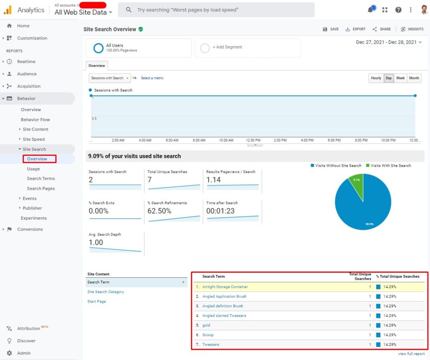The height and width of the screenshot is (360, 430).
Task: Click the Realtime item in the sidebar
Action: [26, 62]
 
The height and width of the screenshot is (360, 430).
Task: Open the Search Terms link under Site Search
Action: [41, 179]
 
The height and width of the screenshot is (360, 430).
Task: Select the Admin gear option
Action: [24, 353]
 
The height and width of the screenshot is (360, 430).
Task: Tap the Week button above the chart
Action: [401, 78]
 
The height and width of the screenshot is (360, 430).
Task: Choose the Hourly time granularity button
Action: [376, 78]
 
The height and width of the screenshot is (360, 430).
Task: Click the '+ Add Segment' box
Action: [248, 47]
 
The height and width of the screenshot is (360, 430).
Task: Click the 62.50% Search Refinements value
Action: [160, 211]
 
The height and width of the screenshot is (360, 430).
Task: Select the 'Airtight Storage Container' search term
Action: [225, 287]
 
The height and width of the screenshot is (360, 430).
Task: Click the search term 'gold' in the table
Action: [206, 326]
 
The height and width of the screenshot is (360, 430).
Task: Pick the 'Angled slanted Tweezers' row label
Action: [224, 316]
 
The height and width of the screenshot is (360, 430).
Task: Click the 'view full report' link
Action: [411, 354]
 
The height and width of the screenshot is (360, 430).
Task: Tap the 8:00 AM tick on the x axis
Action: [199, 140]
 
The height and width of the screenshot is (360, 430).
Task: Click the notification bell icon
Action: [370, 10]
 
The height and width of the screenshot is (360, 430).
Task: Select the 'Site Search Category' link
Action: [106, 292]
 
